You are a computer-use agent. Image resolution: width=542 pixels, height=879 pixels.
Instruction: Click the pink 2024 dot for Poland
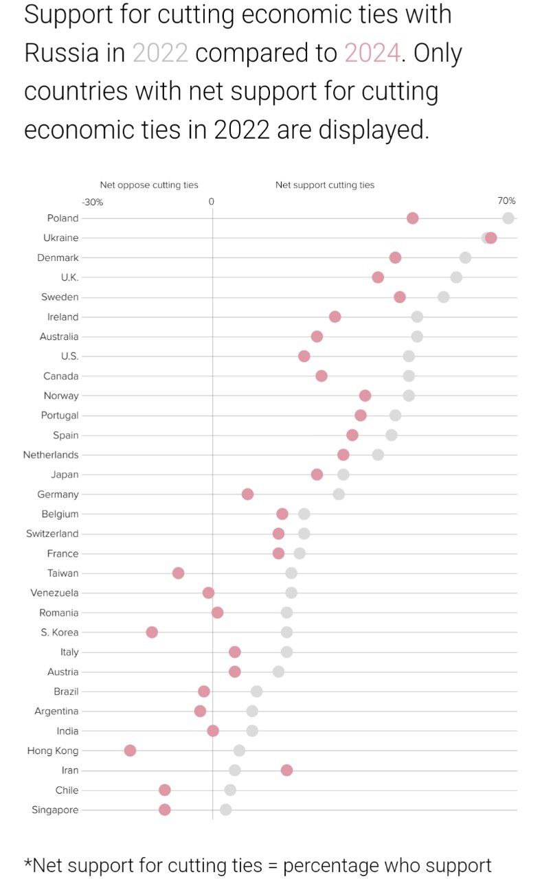412,218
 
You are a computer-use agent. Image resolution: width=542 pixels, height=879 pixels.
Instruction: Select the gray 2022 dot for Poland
508,218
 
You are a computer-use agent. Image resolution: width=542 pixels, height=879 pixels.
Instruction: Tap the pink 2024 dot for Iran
286,770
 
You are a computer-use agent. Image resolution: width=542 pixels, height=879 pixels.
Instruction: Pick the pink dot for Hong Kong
130,751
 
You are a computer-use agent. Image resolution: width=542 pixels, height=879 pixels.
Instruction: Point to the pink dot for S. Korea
152,632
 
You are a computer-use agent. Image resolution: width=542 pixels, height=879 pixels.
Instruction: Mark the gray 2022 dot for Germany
339,494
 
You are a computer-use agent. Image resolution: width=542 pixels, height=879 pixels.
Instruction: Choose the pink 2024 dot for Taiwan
178,573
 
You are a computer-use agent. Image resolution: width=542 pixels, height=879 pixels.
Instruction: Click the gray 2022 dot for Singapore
225,810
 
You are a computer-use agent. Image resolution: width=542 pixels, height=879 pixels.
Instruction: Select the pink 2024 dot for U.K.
378,277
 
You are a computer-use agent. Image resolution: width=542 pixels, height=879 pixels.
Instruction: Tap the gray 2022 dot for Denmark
465,258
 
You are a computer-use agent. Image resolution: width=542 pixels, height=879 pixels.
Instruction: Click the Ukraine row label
61,238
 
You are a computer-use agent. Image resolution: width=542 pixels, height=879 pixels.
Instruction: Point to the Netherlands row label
51,455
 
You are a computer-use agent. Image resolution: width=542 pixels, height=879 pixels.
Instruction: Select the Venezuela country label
55,593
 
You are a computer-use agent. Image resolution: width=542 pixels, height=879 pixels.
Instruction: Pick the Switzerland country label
52,534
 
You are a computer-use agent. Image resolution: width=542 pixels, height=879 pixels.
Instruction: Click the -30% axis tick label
92,202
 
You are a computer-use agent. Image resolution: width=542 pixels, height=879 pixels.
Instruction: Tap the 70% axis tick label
506,201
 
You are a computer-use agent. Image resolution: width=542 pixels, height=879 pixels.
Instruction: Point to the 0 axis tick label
212,202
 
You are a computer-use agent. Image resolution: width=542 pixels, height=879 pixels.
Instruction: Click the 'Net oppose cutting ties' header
149,185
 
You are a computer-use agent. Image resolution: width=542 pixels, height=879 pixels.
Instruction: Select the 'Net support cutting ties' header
325,185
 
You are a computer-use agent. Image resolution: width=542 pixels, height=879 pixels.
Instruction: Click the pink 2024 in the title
372,53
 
